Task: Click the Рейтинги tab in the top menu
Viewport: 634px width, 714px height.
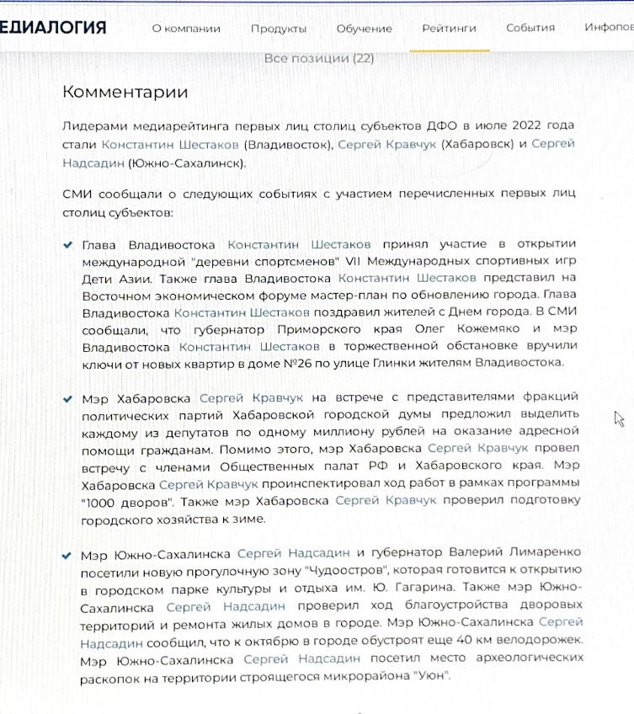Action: [449, 28]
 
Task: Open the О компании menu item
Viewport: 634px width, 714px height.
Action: [186, 28]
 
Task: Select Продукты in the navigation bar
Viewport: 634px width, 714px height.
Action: [279, 28]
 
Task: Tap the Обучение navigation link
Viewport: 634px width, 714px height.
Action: [364, 28]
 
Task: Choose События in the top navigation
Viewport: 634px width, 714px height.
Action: [530, 28]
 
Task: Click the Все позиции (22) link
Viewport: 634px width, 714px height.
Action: [319, 58]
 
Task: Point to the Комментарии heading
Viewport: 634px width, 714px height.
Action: [125, 93]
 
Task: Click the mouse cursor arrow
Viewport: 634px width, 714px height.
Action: [619, 418]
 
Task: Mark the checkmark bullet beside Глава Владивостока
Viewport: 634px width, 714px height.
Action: [67, 245]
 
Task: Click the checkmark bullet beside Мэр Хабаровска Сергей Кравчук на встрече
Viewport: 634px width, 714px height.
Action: [67, 398]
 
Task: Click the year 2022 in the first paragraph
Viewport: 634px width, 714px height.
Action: [514, 126]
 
